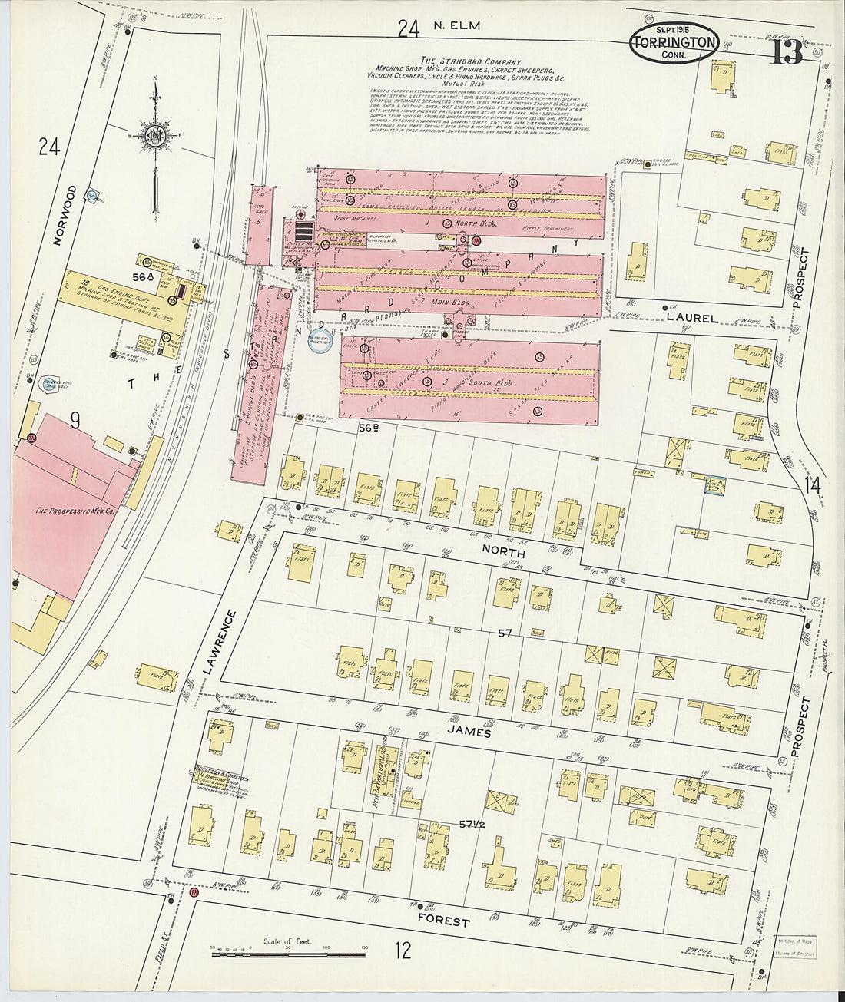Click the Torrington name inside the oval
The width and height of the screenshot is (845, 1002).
674,43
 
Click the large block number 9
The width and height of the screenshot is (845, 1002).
75,419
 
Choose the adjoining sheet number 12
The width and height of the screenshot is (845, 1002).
403,951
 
